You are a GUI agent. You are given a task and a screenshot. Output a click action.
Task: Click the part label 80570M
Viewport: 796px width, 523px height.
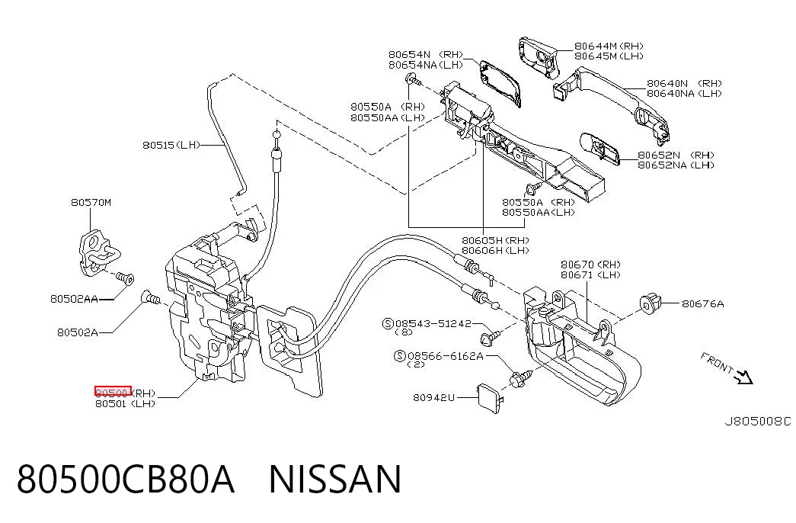click(x=91, y=202)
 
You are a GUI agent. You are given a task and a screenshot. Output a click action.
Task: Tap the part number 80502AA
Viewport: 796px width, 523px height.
click(x=74, y=299)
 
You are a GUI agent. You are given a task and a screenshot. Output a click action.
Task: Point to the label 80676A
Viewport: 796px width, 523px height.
click(x=702, y=304)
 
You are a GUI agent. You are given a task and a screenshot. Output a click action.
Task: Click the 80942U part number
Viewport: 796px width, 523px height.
click(x=433, y=397)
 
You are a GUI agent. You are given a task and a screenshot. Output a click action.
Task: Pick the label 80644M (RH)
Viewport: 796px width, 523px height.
click(x=609, y=47)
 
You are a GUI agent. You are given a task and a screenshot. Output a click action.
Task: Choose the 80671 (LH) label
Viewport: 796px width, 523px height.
click(x=590, y=275)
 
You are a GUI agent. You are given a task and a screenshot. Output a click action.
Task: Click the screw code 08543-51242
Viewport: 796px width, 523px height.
click(x=433, y=323)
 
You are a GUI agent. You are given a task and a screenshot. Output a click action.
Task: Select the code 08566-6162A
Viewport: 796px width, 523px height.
click(x=445, y=356)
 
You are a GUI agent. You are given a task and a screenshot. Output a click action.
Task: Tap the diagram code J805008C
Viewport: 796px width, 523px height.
click(x=757, y=422)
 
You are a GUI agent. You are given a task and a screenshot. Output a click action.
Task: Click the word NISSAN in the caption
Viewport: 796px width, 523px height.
click(x=335, y=479)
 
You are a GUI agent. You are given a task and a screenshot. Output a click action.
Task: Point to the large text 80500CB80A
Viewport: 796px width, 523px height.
click(x=126, y=479)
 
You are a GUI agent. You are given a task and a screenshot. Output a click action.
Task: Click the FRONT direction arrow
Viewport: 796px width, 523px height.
click(x=745, y=377)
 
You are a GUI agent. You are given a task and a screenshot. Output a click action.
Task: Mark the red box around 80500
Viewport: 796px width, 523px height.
click(x=113, y=391)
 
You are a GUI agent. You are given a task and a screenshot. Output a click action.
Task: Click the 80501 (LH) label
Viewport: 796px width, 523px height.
click(x=126, y=404)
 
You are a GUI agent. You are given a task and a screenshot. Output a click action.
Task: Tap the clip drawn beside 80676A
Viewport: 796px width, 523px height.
click(x=651, y=304)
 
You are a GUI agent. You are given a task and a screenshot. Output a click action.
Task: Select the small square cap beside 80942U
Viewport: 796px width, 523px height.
click(x=488, y=396)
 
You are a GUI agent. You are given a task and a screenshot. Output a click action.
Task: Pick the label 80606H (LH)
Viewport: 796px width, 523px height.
click(x=495, y=251)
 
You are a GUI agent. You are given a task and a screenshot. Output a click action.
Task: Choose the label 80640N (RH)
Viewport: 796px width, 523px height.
click(x=684, y=83)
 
